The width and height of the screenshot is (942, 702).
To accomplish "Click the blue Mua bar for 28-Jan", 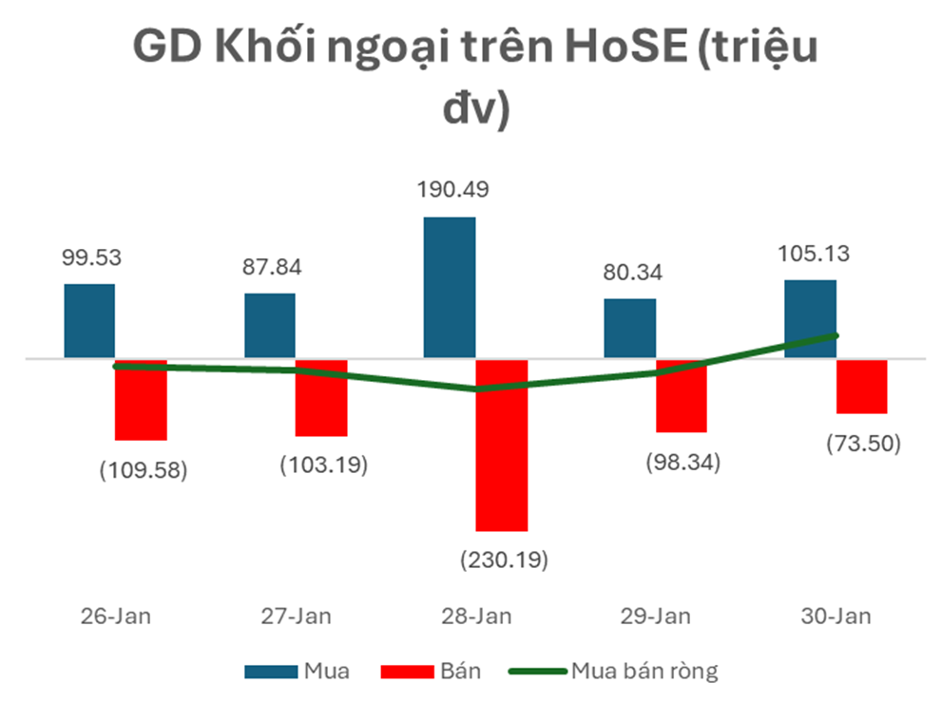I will click(x=449, y=288).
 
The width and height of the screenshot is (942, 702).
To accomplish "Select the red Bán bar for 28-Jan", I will click(x=501, y=445).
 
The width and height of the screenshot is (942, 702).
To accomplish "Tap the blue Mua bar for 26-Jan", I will click(x=89, y=321).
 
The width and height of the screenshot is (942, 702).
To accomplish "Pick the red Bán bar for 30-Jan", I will click(x=861, y=387).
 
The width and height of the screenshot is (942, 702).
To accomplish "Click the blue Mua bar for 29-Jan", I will click(x=629, y=329).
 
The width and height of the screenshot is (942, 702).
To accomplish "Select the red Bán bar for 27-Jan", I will click(x=321, y=398).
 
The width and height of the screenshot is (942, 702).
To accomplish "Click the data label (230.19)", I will click(x=504, y=560).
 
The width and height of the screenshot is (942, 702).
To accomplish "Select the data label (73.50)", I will click(x=863, y=443).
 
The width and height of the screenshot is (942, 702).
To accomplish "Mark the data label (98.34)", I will click(x=682, y=463).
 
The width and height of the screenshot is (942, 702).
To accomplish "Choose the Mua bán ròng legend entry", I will click(x=644, y=672).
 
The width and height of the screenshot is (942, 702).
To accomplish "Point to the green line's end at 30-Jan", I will click(x=836, y=334).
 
